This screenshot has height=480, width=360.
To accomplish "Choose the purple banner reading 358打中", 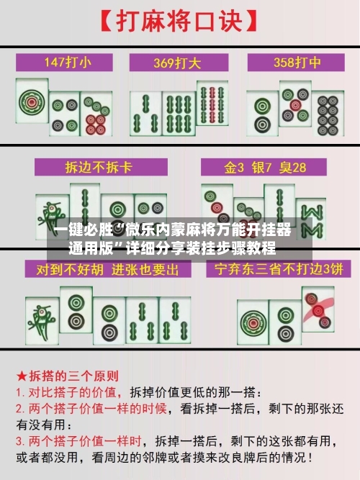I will tap(294, 62).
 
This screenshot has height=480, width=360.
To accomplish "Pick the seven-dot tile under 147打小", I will tap(94, 115).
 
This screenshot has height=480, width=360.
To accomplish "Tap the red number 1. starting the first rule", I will tap(22, 394).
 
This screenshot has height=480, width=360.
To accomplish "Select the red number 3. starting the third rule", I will tap(22, 440).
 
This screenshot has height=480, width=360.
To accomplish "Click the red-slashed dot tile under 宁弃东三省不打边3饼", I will tap(318, 309).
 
